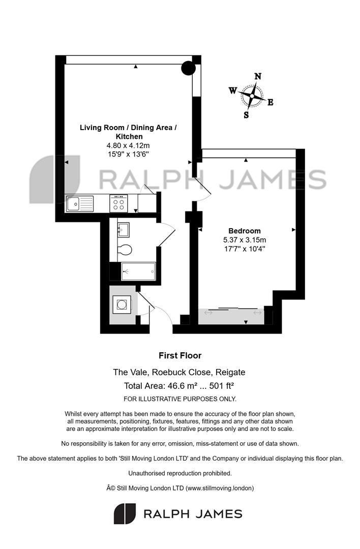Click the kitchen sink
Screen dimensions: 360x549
pos(80,204)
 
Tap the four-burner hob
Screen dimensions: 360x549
pos(118,204)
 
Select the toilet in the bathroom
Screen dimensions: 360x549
pos(124,250)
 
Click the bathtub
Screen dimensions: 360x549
pos(138,271)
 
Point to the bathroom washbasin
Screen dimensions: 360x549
pos(123,230)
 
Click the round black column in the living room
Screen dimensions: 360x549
pos(189,68)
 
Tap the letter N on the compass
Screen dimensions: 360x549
pos(258,76)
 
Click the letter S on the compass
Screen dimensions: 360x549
pos(246,115)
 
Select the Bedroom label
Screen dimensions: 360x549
pos(245,231)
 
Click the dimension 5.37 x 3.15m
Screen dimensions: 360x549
pos(245,240)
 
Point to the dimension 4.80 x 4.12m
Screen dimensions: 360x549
pos(128,145)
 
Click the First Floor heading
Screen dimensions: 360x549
pos(180,356)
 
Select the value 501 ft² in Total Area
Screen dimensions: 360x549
pos(221,386)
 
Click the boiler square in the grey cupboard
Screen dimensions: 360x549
pos(122,304)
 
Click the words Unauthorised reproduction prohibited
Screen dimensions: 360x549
pos(180,473)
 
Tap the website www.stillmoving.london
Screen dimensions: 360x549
pos(220,488)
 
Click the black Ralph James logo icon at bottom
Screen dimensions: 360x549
pos(125,513)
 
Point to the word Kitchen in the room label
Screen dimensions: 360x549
pos(129,137)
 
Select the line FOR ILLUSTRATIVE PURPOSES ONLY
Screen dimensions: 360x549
pos(180,399)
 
